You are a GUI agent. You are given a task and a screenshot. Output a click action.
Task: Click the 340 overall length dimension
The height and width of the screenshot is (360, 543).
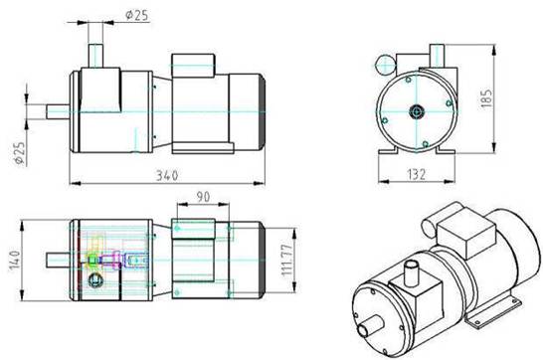coord(167,175)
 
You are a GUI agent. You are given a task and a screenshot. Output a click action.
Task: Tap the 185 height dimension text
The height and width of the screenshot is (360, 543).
coord(486,98)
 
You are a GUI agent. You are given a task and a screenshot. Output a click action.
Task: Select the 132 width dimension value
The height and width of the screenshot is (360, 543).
coord(416,174)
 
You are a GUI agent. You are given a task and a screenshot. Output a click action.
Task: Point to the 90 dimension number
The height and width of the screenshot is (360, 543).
coord(203,197)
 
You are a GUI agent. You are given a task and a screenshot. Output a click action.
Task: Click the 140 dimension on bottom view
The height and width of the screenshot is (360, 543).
coord(16,261)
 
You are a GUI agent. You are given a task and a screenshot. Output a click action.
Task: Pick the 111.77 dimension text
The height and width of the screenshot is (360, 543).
coord(287,260)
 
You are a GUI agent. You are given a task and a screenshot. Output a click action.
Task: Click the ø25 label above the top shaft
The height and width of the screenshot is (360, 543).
coord(137,15)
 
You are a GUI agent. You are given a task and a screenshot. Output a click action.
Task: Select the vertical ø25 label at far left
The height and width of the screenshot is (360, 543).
coord(20,153)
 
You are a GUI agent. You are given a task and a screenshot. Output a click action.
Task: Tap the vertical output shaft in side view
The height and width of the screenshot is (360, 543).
coord(95,56)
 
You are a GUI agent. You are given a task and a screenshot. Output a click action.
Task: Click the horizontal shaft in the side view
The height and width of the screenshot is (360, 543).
coord(58,111)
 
